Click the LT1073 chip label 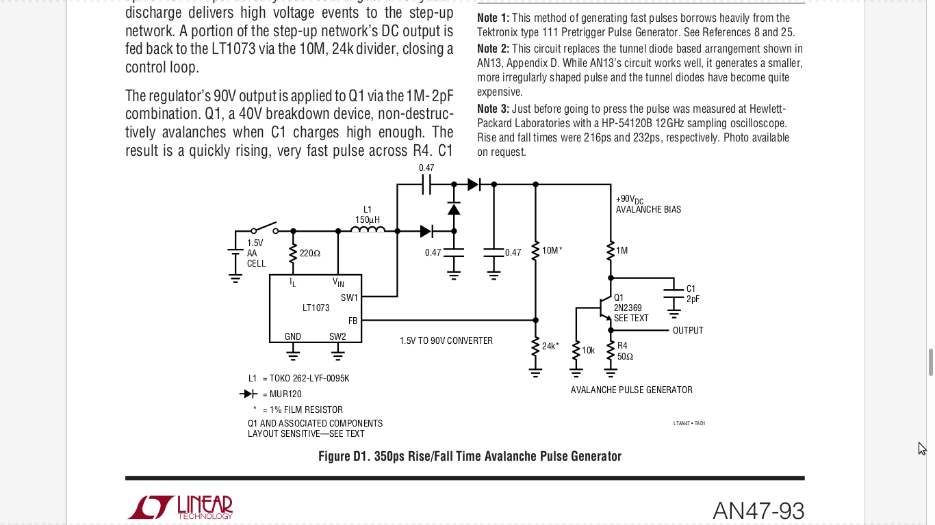click(x=316, y=308)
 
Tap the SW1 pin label click(x=349, y=298)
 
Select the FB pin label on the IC click(x=353, y=321)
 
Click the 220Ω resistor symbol click(x=293, y=253)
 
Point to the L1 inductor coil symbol click(x=368, y=230)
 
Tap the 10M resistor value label click(x=552, y=251)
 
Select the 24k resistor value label click(x=550, y=346)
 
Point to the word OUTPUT click(x=688, y=331)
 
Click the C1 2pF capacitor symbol click(x=674, y=293)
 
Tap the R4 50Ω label click(x=625, y=351)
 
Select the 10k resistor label click(x=588, y=351)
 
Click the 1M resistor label click(x=622, y=251)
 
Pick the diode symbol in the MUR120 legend click(x=248, y=394)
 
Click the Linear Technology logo click(x=180, y=507)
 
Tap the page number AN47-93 click(x=758, y=511)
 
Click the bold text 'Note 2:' click(x=493, y=49)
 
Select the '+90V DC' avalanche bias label click(x=630, y=200)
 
